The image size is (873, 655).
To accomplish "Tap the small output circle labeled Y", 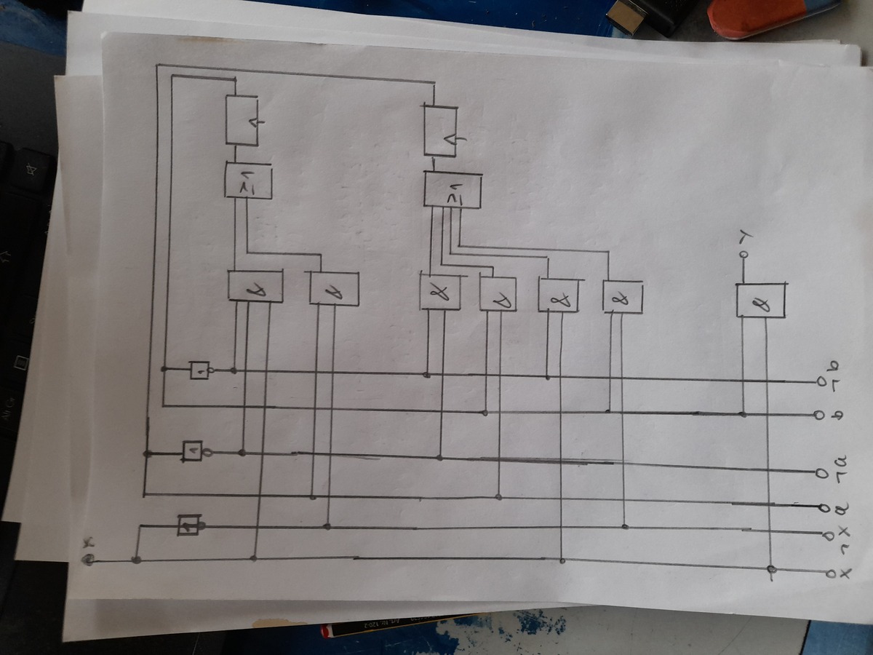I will [x=743, y=255].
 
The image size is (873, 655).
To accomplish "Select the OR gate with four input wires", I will [x=453, y=190].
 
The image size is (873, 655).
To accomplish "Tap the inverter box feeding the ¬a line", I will [x=194, y=451].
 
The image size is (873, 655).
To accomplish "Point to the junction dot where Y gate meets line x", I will [x=771, y=570].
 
